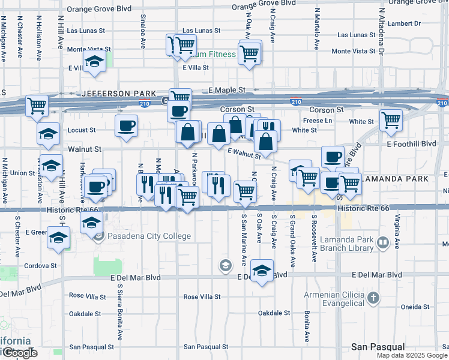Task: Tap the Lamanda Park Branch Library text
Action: [x=355, y=244]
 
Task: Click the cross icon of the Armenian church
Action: [x=373, y=298]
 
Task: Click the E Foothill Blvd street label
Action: [x=411, y=144]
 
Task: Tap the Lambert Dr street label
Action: [x=404, y=24]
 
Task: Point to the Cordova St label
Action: [x=41, y=265]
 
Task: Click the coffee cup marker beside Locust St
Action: [x=126, y=126]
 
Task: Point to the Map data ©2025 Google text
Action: [x=411, y=355]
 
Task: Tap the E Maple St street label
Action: [x=228, y=90]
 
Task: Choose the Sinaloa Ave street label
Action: [x=143, y=31]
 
